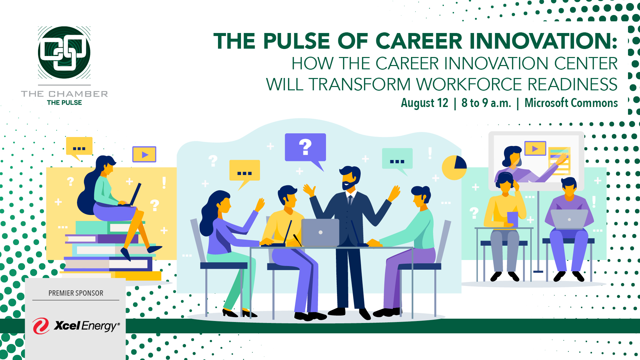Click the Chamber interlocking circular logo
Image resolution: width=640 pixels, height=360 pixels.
(x=64, y=52)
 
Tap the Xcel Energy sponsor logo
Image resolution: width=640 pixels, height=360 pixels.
(x=76, y=326)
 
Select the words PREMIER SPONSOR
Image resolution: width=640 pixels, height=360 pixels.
(x=76, y=293)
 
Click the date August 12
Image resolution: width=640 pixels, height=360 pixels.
(x=424, y=103)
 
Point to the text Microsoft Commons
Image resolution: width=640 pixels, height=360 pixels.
(x=571, y=103)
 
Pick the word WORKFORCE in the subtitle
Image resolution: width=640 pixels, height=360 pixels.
(x=469, y=84)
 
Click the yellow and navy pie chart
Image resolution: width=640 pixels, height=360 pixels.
(x=454, y=167)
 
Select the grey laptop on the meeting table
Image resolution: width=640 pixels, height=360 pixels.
(x=320, y=233)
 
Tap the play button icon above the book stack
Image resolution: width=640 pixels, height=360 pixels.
(x=144, y=154)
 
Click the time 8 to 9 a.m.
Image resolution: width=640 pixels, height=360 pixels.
(x=486, y=103)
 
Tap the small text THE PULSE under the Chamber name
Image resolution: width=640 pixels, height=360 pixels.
(x=64, y=103)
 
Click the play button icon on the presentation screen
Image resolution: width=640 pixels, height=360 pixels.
(x=535, y=149)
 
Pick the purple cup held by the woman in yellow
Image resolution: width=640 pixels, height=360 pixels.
(x=512, y=219)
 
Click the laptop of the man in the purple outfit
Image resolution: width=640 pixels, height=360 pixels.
(x=569, y=219)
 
